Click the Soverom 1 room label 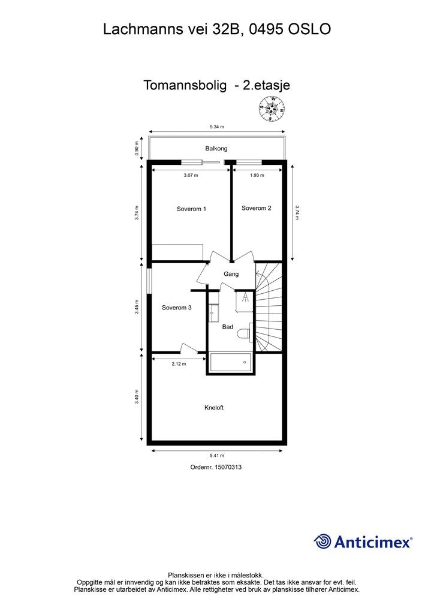coord(191,209)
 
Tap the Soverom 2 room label coord(257,208)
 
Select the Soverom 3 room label coord(177,308)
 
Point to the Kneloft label coord(214,407)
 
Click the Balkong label coord(216,148)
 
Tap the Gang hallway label coord(231,274)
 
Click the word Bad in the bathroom coord(228,327)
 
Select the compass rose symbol coord(272,109)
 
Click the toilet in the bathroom coord(245,333)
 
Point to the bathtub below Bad coord(230,362)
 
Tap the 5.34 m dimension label coord(216,127)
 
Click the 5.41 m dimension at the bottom coord(216,456)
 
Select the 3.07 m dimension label coord(191,176)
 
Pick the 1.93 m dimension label coord(257,176)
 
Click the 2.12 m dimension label coord(178,363)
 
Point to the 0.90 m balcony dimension coord(137,149)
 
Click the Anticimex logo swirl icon coord(323,541)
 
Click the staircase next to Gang coord(269,312)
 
